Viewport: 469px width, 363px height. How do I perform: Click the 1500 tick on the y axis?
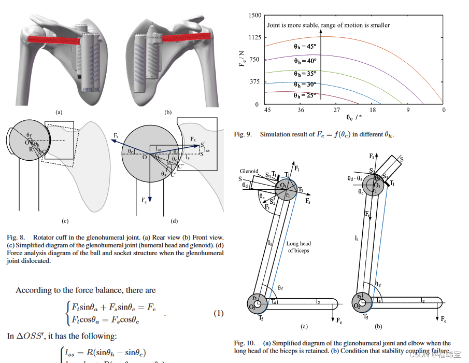253,16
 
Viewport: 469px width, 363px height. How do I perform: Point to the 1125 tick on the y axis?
253,37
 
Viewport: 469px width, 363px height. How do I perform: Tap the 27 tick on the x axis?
336,110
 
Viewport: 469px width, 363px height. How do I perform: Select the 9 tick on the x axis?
408,110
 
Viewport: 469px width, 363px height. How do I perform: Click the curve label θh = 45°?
305,46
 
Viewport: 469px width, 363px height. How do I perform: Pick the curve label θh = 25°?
305,95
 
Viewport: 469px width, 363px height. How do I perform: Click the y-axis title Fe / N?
243,60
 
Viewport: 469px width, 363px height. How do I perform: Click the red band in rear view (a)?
54,39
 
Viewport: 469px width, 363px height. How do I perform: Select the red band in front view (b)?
186,37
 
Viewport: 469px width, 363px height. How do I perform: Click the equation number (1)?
219,313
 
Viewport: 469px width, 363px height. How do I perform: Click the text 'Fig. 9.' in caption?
244,134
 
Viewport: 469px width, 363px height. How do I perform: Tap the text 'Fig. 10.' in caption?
245,343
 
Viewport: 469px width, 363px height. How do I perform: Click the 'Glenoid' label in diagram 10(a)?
249,171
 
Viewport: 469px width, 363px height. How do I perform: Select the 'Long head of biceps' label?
299,247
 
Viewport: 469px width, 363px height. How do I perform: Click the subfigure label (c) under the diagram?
65,221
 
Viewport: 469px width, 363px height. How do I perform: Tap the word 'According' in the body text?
33,290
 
